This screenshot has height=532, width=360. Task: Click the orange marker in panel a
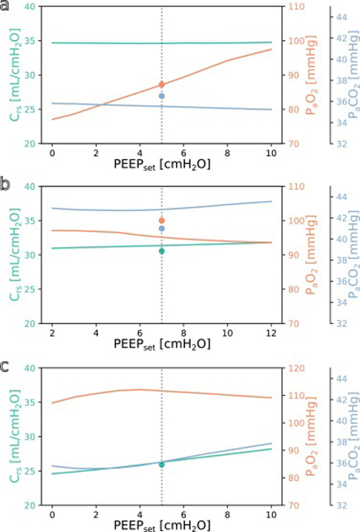[x=162, y=84]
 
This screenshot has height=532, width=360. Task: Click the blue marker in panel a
[x=162, y=96]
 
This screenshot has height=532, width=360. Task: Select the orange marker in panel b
[x=162, y=221]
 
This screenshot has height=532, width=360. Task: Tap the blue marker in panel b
[x=162, y=228]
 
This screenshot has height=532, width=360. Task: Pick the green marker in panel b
[x=162, y=251]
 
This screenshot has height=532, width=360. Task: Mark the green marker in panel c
[x=162, y=465]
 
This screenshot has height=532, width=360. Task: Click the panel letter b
[x=5, y=184]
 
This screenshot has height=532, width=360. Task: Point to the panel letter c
[x=5, y=367]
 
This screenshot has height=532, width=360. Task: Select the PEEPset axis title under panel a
[x=162, y=165]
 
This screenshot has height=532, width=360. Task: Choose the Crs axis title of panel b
[x=15, y=255]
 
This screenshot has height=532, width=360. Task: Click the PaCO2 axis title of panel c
[x=354, y=437]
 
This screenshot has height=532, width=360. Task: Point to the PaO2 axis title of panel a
[x=311, y=75]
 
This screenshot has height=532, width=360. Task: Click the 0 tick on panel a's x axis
[x=52, y=153]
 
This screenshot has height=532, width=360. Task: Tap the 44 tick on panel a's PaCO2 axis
[x=342, y=17]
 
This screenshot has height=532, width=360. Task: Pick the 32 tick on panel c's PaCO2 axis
[x=342, y=505]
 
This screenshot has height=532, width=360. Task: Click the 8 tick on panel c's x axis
[x=227, y=515]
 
